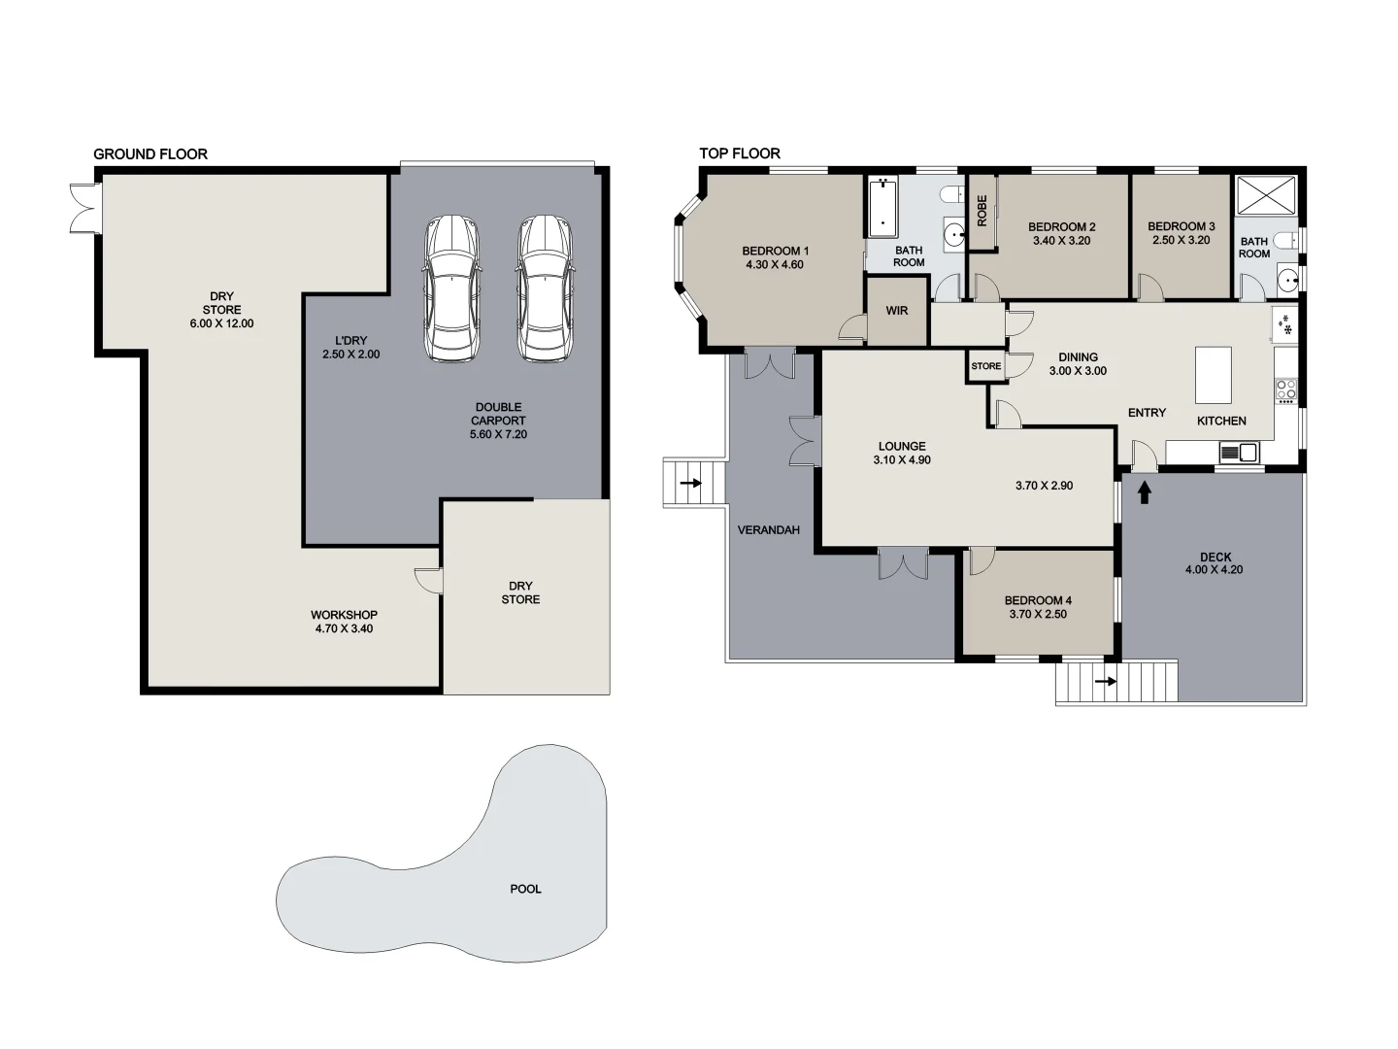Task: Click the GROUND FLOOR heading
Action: point(150,153)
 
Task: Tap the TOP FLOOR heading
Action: point(739,153)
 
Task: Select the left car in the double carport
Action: point(452,288)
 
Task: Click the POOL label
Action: point(525,889)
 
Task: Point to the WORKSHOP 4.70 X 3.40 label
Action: point(344,622)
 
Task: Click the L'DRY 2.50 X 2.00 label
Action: point(350,348)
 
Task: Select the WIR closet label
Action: point(896,311)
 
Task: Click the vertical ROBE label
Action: point(982,211)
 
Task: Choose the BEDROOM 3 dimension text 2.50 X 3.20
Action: point(1181,240)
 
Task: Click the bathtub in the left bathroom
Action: point(882,207)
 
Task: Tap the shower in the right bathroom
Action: point(1265,194)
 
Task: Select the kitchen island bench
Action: point(1213,375)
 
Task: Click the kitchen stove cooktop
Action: point(1285,389)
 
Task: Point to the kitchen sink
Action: point(1238,452)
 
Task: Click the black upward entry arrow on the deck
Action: point(1144,492)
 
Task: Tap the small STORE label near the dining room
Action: point(985,366)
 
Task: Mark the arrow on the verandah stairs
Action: point(690,482)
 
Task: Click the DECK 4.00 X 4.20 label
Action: point(1214,563)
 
